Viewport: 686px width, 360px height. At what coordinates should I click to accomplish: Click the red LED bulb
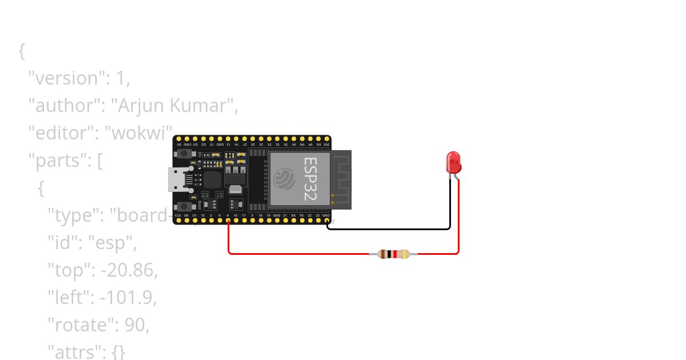(x=453, y=162)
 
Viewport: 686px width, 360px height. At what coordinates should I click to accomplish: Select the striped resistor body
(x=394, y=254)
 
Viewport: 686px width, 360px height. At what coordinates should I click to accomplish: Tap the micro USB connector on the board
(x=177, y=179)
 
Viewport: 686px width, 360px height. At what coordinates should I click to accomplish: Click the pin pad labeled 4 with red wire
(x=228, y=220)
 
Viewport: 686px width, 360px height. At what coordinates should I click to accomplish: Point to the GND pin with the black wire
(x=326, y=220)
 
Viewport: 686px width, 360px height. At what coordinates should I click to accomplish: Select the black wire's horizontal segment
(x=389, y=229)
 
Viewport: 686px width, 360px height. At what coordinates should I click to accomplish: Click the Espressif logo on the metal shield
(x=284, y=179)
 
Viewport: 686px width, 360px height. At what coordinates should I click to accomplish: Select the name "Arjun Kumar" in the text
(x=173, y=106)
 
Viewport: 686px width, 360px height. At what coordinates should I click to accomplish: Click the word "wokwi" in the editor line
(x=141, y=133)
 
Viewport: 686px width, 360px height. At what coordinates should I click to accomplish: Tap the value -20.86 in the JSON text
(x=129, y=270)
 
